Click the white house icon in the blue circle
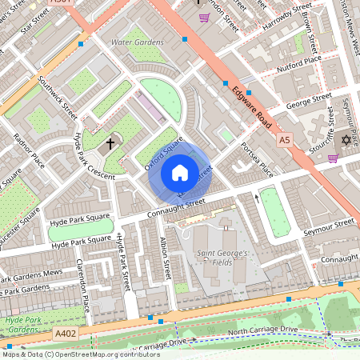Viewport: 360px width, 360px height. (x=180, y=173)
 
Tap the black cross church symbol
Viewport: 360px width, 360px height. (x=110, y=145)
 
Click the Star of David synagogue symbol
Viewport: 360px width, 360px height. (x=346, y=140)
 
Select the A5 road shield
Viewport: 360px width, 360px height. (x=285, y=140)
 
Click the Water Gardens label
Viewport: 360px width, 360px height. (x=130, y=41)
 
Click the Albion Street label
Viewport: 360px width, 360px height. (x=165, y=258)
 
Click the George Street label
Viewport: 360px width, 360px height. (x=308, y=101)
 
